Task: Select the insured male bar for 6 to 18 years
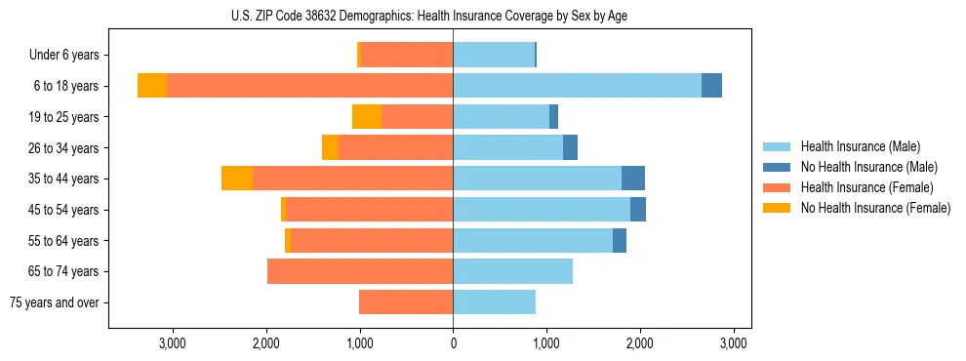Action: click(577, 86)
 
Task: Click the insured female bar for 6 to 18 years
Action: click(309, 86)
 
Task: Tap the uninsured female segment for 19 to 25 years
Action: click(367, 117)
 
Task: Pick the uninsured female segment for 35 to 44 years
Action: click(237, 179)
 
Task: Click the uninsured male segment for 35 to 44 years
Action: click(633, 179)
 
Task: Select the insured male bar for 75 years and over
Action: click(494, 302)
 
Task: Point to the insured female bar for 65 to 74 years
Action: click(360, 271)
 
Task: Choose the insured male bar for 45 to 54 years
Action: click(542, 210)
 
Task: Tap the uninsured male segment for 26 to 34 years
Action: click(571, 147)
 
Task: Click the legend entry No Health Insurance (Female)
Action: click(875, 208)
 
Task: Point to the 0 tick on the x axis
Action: click(453, 343)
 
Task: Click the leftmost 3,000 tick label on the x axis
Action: click(172, 343)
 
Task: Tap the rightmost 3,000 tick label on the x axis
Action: click(734, 343)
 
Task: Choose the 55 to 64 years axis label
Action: click(63, 241)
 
